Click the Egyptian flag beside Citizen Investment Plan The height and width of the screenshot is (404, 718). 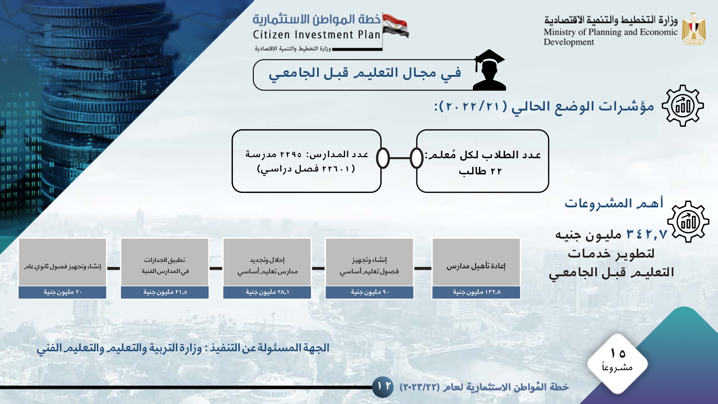395,25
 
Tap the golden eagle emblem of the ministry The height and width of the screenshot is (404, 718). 694,29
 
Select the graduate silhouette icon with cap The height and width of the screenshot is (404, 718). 489,70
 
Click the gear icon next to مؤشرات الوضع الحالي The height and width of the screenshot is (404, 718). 683,106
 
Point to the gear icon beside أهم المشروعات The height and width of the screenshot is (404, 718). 688,222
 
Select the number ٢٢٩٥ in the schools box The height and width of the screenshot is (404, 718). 291,155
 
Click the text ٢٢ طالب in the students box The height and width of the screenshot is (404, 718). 480,171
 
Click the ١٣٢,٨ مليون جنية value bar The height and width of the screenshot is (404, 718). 476,292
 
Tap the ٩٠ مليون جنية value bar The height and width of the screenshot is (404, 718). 369,292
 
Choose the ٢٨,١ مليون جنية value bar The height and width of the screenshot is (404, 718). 267,292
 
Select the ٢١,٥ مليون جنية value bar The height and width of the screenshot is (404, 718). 165,292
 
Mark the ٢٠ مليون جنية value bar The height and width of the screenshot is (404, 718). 62,292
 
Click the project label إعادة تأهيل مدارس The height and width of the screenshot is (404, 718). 476,266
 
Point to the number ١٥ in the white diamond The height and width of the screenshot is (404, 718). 618,353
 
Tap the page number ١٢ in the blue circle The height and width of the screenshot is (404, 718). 384,386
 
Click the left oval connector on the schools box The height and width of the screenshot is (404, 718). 383,158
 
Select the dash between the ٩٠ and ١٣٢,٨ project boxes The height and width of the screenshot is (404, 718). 423,268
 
